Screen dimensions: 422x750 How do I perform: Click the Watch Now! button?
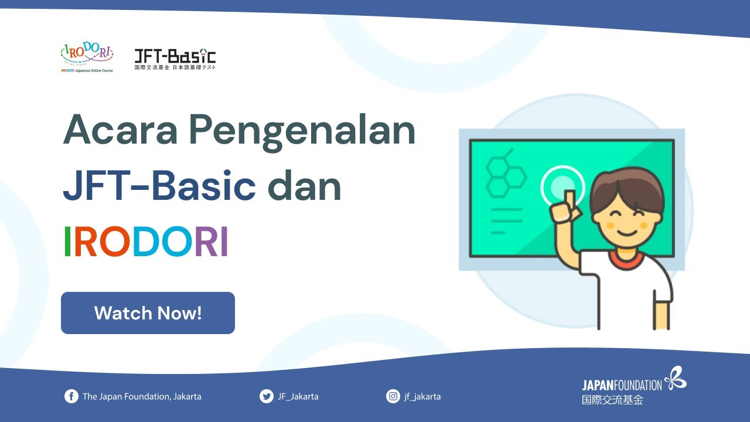tap(148, 313)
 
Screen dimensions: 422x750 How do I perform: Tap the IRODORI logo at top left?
tap(87, 56)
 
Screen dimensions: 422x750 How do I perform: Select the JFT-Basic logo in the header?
tap(175, 59)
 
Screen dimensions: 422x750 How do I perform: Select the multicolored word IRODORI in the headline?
tap(145, 242)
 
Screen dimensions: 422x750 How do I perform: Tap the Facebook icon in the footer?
tap(71, 396)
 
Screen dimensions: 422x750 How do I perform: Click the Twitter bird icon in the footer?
tap(266, 396)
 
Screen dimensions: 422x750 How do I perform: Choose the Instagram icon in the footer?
tap(393, 396)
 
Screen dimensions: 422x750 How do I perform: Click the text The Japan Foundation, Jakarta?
tap(142, 396)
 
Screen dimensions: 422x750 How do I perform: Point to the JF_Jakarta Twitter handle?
tap(298, 396)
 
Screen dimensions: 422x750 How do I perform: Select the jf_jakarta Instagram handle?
tap(422, 396)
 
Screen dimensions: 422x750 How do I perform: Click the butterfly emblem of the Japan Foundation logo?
tap(675, 377)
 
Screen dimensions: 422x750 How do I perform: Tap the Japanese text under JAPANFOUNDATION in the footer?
tap(612, 400)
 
